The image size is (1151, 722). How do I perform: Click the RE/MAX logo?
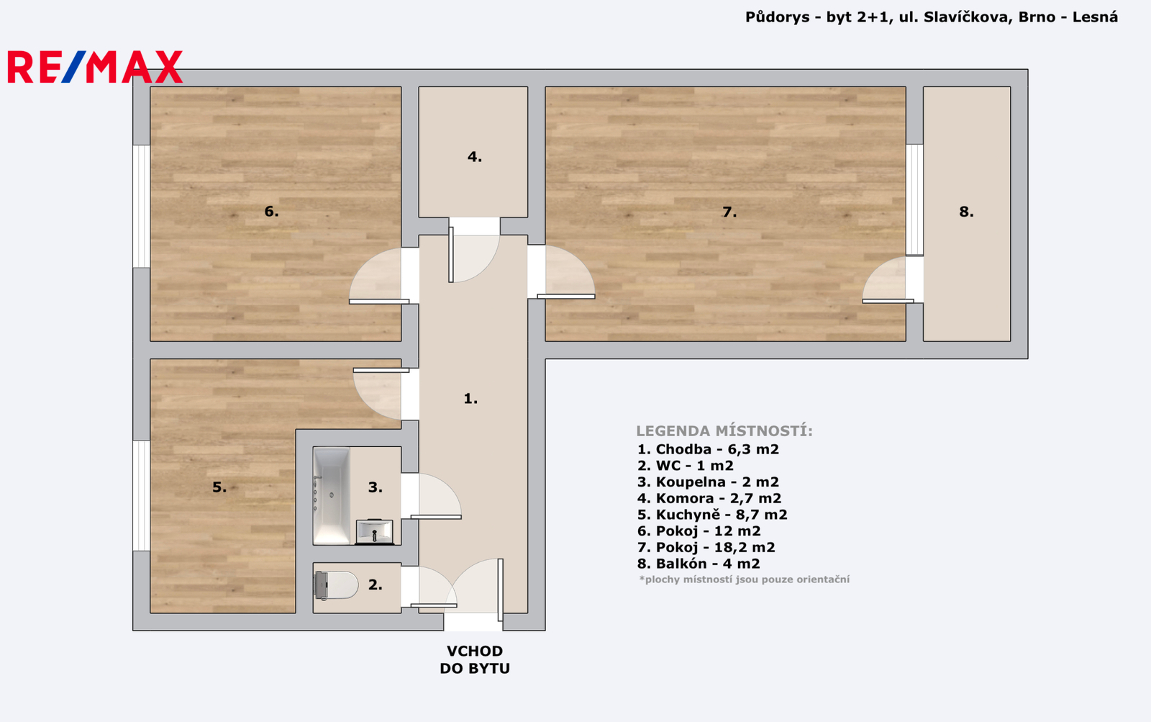coord(95,67)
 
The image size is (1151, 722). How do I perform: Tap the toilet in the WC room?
coord(336,585)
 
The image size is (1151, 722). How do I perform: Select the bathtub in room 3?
coord(332,496)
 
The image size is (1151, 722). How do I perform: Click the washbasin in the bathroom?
coord(375,532)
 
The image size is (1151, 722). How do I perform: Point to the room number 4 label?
coord(474,157)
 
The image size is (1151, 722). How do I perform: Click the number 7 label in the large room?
coord(729,212)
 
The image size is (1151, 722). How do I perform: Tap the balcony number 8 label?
coord(966,212)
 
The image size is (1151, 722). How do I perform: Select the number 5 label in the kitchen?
coord(219,487)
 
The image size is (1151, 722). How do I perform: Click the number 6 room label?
coord(271,211)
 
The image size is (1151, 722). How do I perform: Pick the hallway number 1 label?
coord(470,398)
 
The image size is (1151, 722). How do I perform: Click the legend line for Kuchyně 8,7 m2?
coord(711,514)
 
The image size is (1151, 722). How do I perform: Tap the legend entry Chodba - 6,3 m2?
coord(708,449)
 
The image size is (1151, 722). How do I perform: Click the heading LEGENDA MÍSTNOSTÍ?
coord(724,431)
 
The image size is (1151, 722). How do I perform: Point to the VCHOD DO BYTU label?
coord(474,660)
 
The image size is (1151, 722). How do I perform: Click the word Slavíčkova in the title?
coord(968,17)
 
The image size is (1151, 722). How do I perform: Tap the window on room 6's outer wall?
coord(141,206)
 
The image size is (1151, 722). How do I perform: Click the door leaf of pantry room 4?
coord(450,255)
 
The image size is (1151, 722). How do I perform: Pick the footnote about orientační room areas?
coord(744,579)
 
